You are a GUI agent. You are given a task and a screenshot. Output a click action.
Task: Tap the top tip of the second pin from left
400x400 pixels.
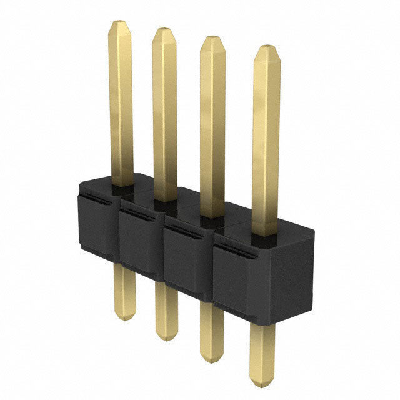[x=164, y=29]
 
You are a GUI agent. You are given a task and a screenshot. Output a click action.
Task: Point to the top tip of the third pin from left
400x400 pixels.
[x=212, y=37]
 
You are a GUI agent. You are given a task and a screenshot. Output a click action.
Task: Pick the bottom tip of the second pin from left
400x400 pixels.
[x=166, y=338]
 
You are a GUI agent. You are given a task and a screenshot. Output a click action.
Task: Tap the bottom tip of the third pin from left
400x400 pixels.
[x=212, y=361]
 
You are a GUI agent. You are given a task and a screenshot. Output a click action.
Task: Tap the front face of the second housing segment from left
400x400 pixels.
[x=139, y=244]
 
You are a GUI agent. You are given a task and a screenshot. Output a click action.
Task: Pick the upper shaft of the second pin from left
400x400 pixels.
[x=164, y=112]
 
